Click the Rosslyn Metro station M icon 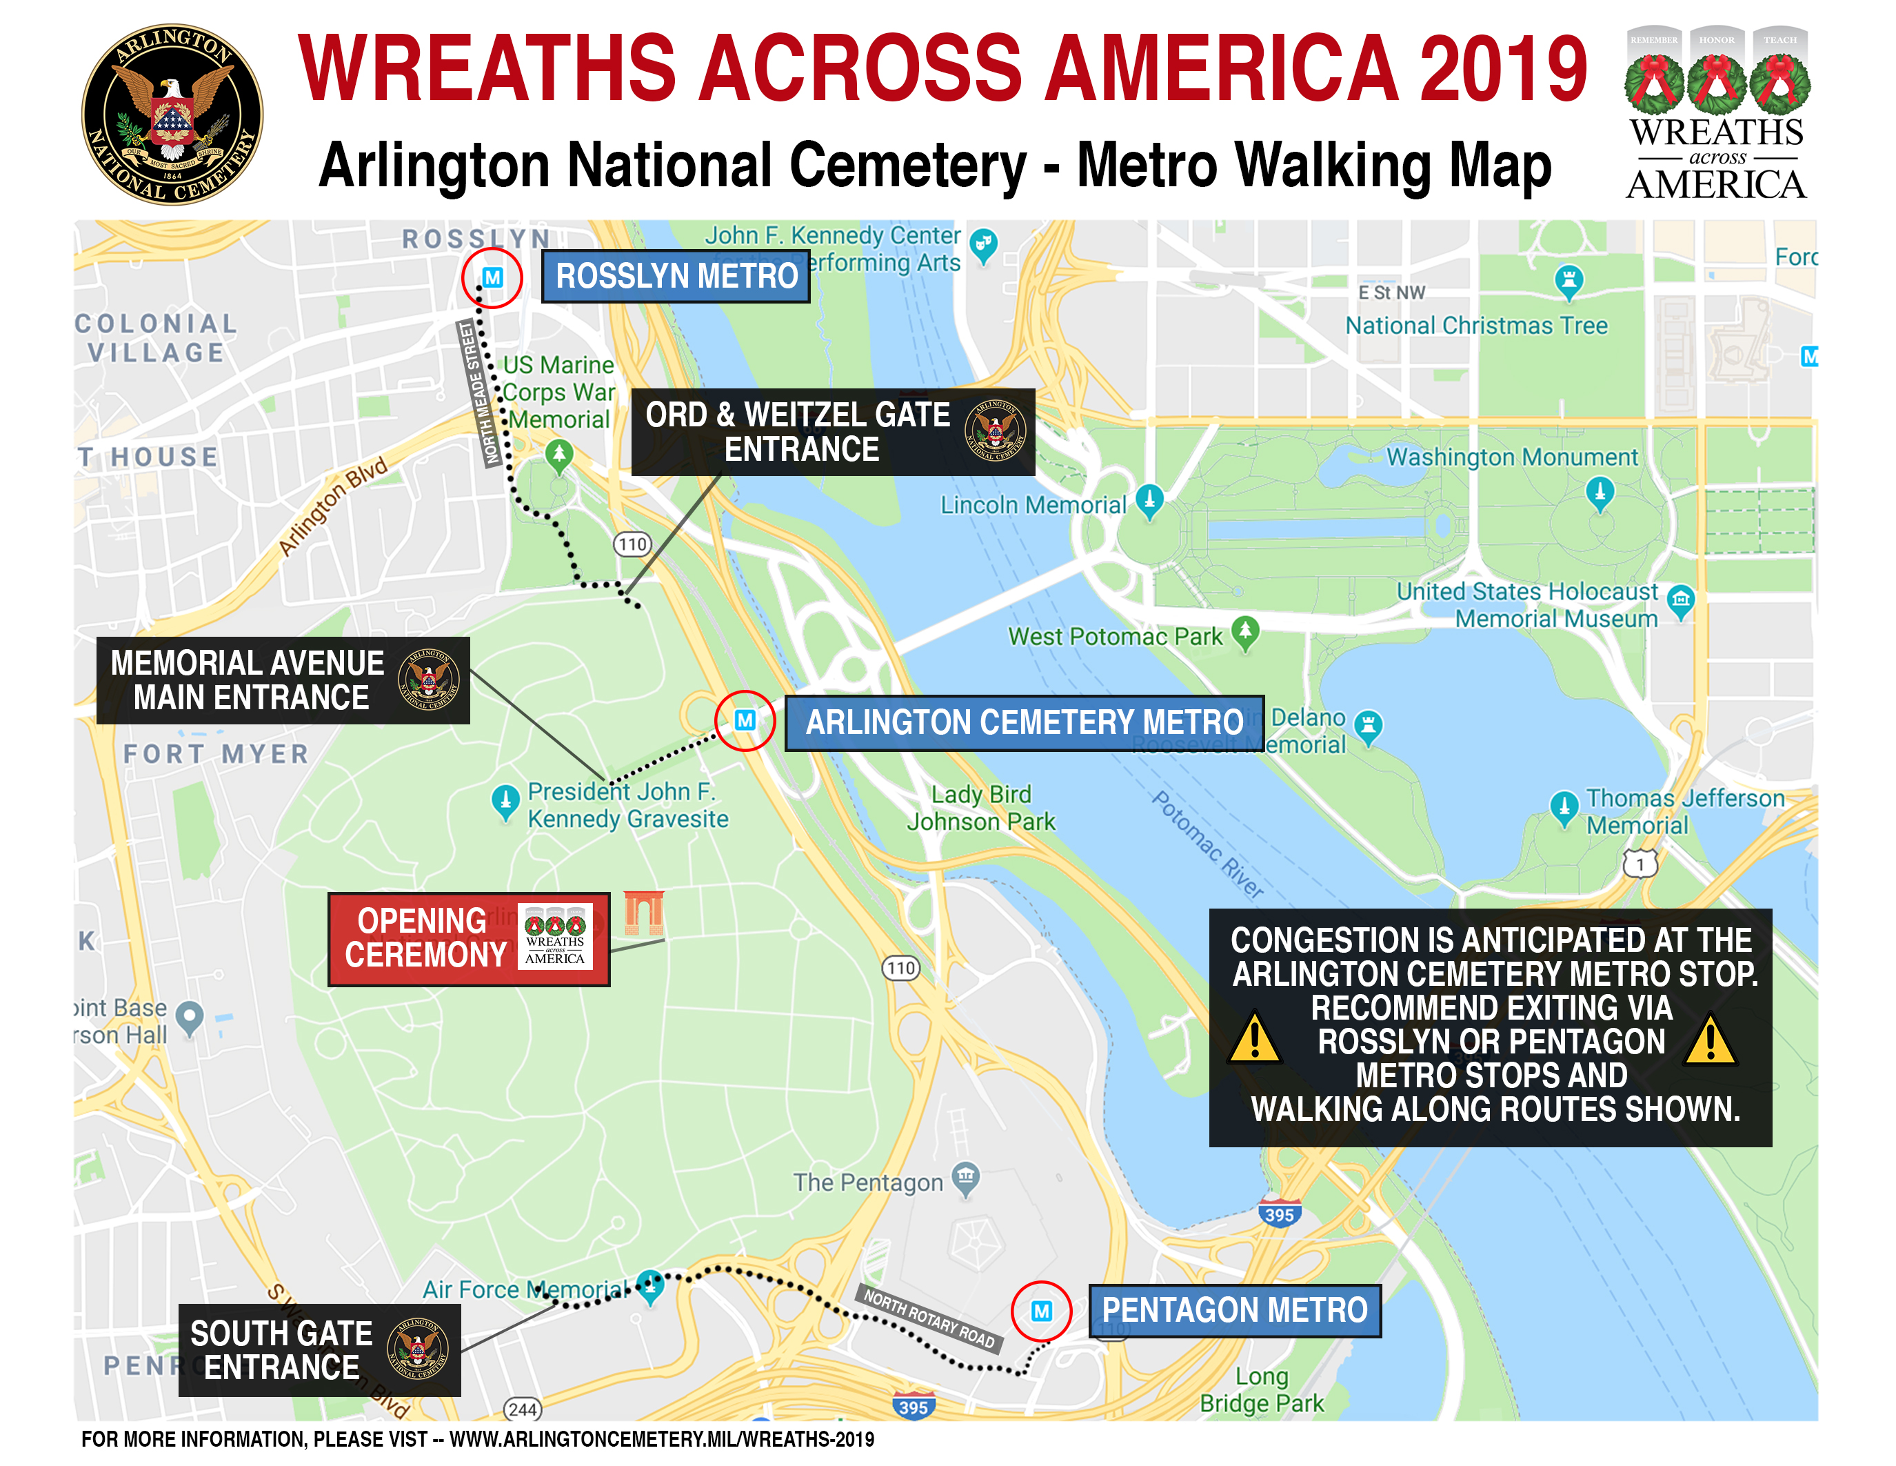(492, 278)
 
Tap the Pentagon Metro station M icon (1041, 1311)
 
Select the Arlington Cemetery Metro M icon (744, 720)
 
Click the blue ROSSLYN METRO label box (676, 276)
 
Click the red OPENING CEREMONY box (468, 938)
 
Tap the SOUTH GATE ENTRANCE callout (319, 1349)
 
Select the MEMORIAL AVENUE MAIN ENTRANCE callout (282, 680)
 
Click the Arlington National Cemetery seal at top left (172, 115)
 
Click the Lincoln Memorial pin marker (1149, 501)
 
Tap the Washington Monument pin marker (1599, 493)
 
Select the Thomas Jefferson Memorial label (1684, 811)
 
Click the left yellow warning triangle (1254, 1039)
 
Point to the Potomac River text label (1207, 843)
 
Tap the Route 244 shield (523, 1409)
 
